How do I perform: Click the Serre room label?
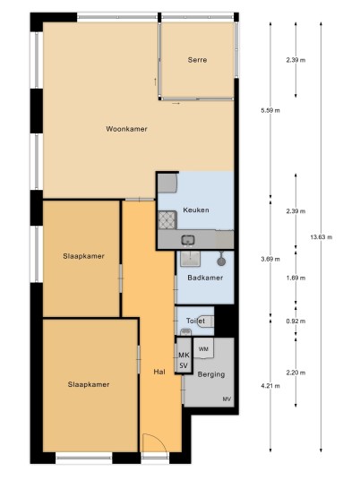point(197,60)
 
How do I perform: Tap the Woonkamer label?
point(127,129)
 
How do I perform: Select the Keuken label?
point(196,210)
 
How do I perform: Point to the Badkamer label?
point(205,278)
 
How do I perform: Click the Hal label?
point(159,372)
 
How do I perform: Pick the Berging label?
point(211,374)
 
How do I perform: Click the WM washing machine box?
point(203,348)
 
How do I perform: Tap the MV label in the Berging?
point(227,399)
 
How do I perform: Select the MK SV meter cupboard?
point(184,356)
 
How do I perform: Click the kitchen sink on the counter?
point(188,240)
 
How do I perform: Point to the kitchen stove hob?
point(167,219)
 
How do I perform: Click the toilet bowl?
point(206,321)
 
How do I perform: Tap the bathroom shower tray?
point(190,259)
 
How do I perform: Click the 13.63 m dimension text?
point(321,237)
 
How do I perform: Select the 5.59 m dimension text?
point(270,110)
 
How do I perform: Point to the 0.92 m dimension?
point(296,321)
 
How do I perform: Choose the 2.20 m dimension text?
point(296,373)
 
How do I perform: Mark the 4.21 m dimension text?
point(270,386)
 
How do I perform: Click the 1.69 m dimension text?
point(296,278)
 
